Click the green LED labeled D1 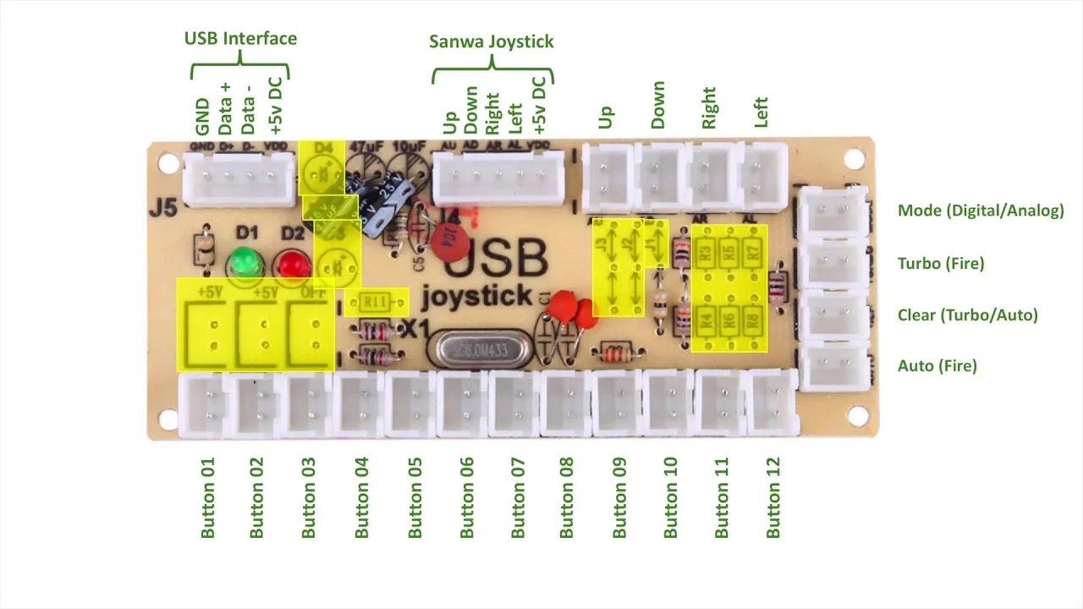244,261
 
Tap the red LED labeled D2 293,264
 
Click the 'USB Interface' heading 240,38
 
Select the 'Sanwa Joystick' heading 491,41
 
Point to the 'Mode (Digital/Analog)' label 981,211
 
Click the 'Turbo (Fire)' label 941,263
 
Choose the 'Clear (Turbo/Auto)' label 967,315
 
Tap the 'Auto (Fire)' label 937,365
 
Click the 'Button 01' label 208,497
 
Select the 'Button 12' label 773,497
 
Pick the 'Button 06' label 467,497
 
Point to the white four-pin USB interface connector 238,180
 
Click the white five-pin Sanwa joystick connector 498,180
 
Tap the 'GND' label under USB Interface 202,117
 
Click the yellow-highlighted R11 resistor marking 374,302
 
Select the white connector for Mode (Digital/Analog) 833,212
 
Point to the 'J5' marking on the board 162,207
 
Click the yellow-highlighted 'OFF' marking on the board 311,293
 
